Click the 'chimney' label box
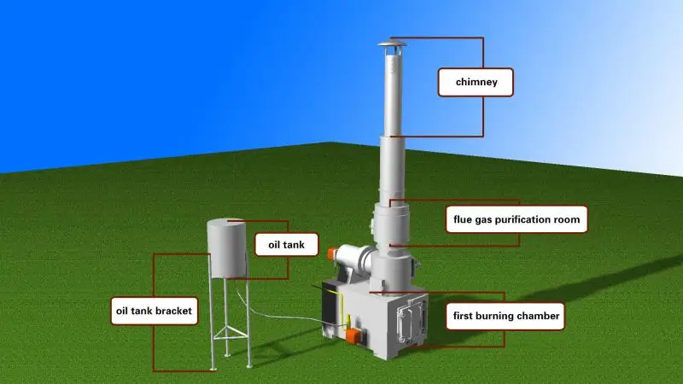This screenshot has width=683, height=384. (x=476, y=83)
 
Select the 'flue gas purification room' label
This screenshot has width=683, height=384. (x=517, y=219)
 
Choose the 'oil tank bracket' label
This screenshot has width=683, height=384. (x=155, y=311)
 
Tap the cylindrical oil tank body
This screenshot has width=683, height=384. (x=227, y=247)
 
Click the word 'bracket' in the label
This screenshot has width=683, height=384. (x=174, y=311)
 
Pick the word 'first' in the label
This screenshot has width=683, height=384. (x=462, y=317)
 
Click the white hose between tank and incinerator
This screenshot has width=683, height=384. (x=282, y=316)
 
